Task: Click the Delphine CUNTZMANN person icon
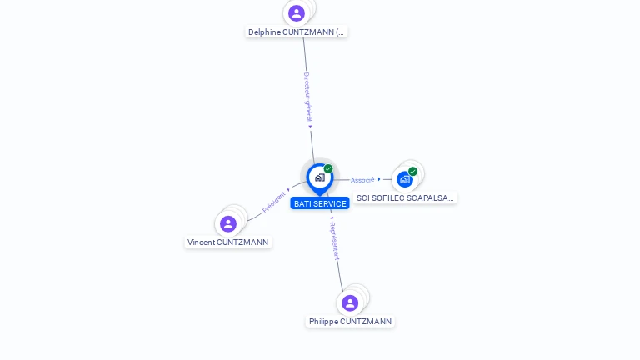(x=297, y=13)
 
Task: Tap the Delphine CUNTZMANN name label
(x=296, y=32)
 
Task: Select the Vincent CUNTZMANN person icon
(x=228, y=223)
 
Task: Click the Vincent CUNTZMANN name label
(x=228, y=242)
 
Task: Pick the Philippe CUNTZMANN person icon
(x=350, y=302)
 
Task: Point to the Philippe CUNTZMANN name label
(x=350, y=322)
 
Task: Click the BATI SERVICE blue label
(x=320, y=204)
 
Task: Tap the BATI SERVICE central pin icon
(x=319, y=177)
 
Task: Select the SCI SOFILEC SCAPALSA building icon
(x=404, y=178)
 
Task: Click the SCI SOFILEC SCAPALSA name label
(x=405, y=198)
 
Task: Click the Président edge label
(x=274, y=202)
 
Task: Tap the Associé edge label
(x=362, y=180)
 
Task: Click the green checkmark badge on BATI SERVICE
(x=328, y=169)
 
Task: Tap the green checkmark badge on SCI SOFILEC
(x=412, y=172)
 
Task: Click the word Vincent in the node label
(x=201, y=242)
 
